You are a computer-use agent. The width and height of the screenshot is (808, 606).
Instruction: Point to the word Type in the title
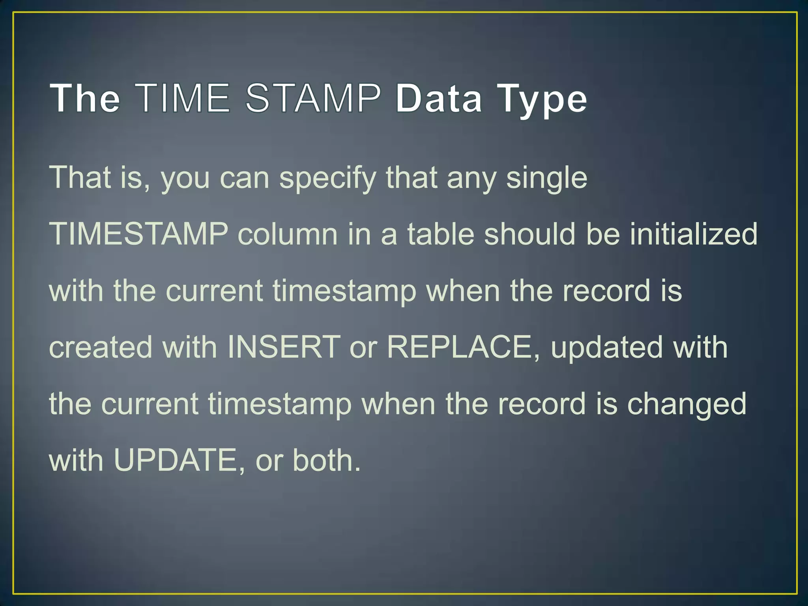tap(542, 99)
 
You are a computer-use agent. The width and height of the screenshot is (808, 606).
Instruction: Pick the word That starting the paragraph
tap(80, 177)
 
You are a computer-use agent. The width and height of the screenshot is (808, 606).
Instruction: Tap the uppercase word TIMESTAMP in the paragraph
tap(138, 234)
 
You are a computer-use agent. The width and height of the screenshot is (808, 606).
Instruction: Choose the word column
tap(288, 234)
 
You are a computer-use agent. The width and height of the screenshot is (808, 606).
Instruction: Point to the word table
tap(440, 234)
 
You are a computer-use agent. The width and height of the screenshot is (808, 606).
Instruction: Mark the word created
tap(101, 347)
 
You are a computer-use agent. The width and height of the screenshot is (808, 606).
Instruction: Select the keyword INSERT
tap(284, 347)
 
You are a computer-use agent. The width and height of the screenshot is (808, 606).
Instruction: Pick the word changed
tap(686, 405)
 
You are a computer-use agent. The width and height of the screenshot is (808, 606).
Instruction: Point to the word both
tap(326, 460)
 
